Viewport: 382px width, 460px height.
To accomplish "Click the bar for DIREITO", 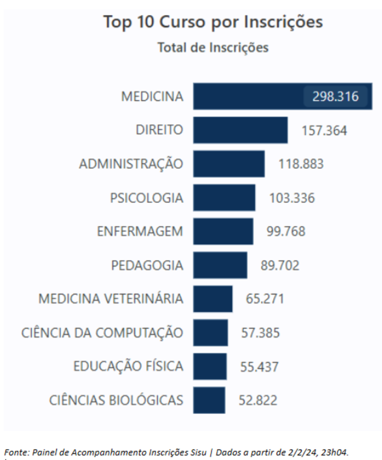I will tap(240, 130).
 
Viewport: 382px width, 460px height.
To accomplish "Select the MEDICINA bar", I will tap(248, 96).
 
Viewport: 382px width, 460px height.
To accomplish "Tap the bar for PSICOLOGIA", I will tap(224, 197).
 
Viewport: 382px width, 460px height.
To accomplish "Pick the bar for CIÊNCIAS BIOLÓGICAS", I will tap(209, 400).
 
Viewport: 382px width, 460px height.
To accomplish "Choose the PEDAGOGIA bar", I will tap(220, 265).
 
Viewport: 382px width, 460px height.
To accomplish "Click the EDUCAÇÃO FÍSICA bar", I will tap(210, 366).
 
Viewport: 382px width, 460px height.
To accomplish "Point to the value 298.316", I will tap(335, 96).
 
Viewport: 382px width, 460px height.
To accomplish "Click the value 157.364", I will tap(324, 131).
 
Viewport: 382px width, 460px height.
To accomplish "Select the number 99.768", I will tap(286, 231).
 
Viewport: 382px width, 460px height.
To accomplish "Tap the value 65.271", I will tap(265, 299).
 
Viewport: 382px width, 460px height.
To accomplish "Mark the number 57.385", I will tap(260, 333).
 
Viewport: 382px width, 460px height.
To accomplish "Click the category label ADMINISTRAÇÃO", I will tap(131, 164).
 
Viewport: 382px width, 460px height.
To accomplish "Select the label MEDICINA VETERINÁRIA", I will tap(111, 299).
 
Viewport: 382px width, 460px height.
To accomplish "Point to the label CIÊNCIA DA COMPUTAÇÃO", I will tap(102, 333).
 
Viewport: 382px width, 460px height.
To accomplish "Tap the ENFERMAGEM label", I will tap(140, 231).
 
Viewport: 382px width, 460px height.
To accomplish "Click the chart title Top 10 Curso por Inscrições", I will tap(213, 22).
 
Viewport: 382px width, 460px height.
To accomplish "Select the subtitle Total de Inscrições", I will tap(213, 48).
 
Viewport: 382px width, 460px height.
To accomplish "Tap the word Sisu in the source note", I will tap(199, 452).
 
